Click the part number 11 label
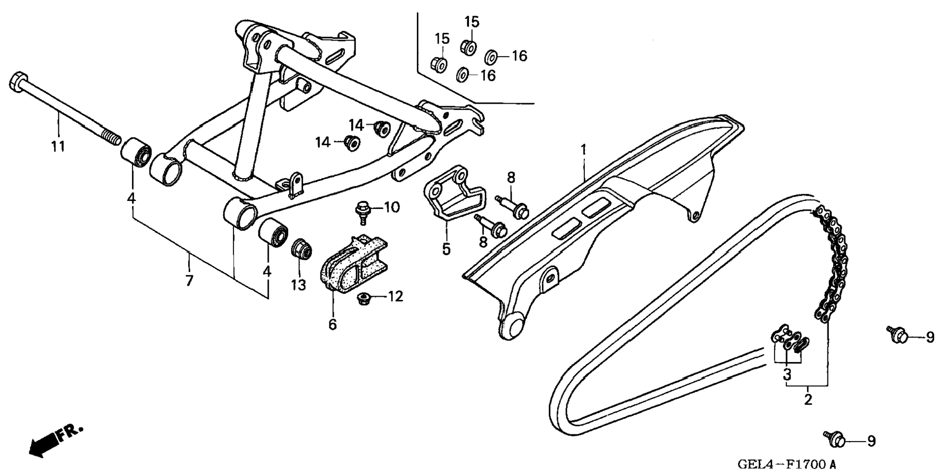tap(58, 146)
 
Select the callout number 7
tap(189, 281)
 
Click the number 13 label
tap(299, 284)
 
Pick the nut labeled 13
tap(301, 249)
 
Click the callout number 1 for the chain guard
tap(583, 149)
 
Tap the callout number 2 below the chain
tap(808, 399)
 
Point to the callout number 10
tap(391, 207)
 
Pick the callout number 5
tap(446, 249)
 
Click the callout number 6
tap(333, 325)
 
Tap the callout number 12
tap(395, 296)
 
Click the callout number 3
tap(787, 375)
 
